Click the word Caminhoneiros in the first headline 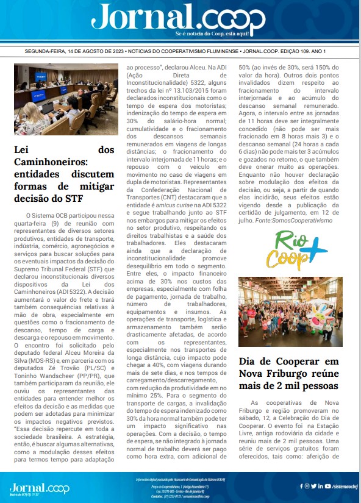[51, 165]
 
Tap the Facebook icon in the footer [301, 486]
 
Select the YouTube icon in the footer [328, 486]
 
